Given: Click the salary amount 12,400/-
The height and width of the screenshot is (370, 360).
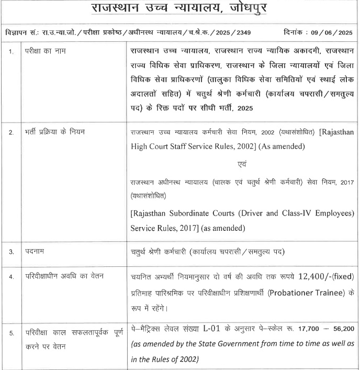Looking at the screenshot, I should point(313,276).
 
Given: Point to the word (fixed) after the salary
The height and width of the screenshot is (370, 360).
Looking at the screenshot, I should point(345,276).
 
